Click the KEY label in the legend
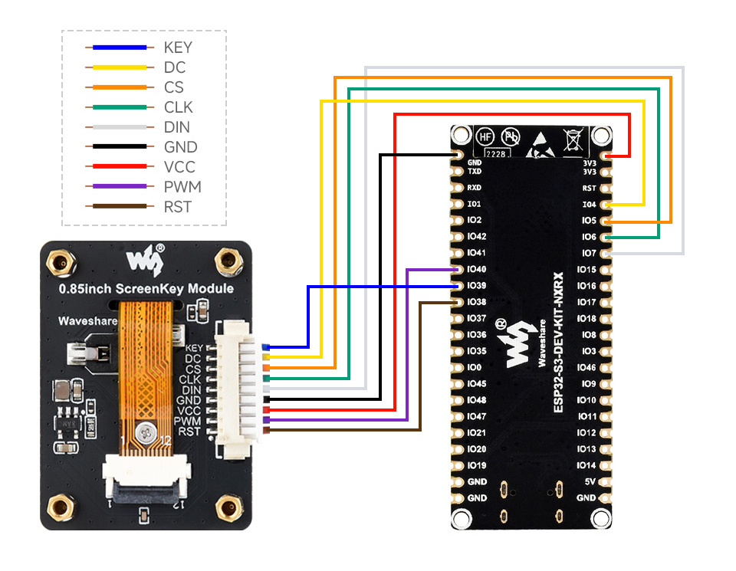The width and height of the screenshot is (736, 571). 178,48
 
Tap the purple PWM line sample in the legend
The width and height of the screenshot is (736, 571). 116,186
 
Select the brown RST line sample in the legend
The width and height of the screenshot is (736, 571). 116,206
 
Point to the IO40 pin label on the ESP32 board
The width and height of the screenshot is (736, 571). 476,269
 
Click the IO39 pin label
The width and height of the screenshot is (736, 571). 476,285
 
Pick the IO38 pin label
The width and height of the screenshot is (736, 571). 476,302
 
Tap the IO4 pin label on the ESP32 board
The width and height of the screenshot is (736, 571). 589,205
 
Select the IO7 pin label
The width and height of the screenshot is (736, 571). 589,253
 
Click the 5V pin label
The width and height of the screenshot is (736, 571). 590,481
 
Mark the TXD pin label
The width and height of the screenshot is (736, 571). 475,172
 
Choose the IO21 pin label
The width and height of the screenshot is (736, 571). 476,433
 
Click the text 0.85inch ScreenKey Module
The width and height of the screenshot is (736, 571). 146,289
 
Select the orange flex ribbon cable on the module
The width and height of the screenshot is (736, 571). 146,368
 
